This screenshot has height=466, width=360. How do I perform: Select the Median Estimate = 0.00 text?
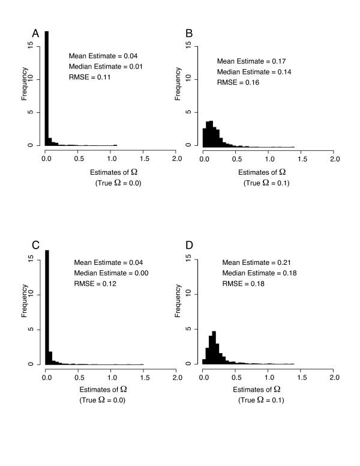click(x=111, y=273)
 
